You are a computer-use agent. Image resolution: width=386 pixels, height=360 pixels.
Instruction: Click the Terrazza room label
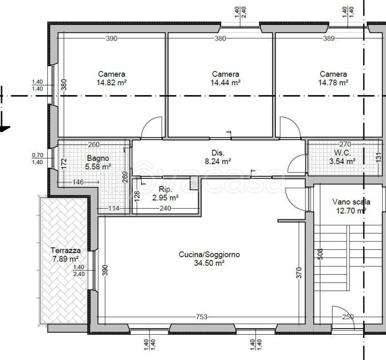click(x=66, y=250)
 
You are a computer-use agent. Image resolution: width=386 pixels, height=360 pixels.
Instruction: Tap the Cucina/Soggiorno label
click(x=209, y=255)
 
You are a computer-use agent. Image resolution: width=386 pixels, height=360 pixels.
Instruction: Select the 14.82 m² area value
click(x=112, y=82)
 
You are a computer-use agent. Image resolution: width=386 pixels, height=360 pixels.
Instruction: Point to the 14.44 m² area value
click(x=225, y=82)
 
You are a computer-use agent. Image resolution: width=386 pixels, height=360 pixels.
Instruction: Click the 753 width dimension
click(x=202, y=317)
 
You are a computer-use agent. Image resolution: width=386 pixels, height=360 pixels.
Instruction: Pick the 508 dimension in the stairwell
click(x=320, y=254)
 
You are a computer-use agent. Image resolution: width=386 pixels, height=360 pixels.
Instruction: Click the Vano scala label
click(x=351, y=202)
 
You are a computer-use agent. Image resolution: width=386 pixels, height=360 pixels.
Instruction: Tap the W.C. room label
click(x=342, y=153)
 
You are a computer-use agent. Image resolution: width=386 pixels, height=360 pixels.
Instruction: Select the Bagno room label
click(x=98, y=158)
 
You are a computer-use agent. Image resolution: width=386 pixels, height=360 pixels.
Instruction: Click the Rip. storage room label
click(x=165, y=189)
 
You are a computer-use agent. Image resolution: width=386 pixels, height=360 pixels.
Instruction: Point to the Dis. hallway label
click(x=218, y=153)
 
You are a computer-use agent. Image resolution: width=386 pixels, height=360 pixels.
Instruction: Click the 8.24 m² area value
click(x=218, y=161)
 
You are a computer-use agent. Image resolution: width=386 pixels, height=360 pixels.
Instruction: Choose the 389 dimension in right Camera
click(x=329, y=38)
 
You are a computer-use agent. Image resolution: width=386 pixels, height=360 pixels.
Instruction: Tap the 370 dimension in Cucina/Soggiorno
click(x=299, y=273)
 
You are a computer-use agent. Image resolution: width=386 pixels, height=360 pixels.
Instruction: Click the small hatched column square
click(x=194, y=183)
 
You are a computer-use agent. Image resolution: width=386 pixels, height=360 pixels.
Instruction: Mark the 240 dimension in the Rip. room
click(x=165, y=209)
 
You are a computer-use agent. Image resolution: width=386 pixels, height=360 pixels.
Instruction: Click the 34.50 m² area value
click(x=209, y=263)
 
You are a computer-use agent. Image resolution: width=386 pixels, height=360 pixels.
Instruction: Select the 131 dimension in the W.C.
click(x=379, y=157)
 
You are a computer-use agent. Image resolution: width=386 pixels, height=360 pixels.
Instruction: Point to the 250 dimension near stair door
click(x=348, y=317)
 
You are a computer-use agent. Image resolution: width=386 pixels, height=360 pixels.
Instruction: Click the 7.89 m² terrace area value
click(x=66, y=259)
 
